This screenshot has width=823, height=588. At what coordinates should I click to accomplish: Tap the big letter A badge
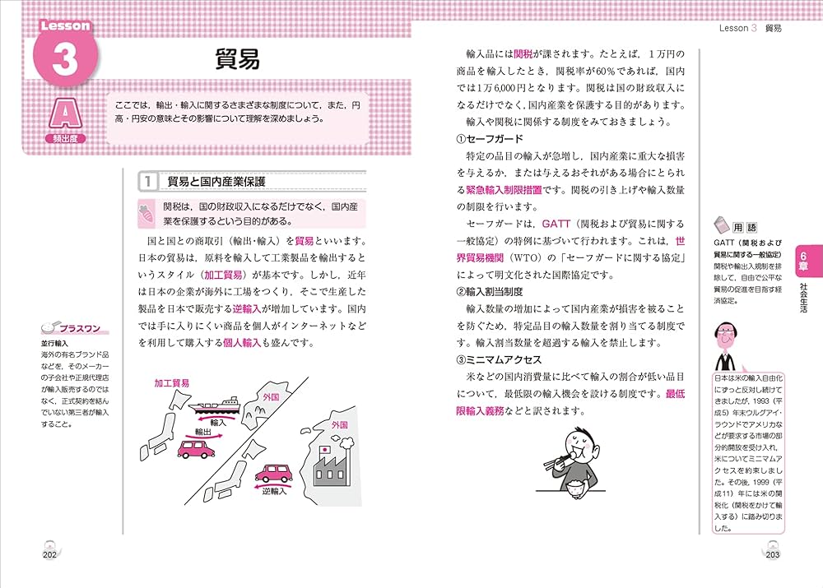coord(65,113)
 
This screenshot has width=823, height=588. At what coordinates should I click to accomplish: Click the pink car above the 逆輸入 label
coord(273,474)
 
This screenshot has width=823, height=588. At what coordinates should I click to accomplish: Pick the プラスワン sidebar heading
coord(78,329)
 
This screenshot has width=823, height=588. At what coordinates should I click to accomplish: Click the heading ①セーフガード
coord(489,138)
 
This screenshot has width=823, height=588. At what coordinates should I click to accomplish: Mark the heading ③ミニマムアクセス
coord(499,360)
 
